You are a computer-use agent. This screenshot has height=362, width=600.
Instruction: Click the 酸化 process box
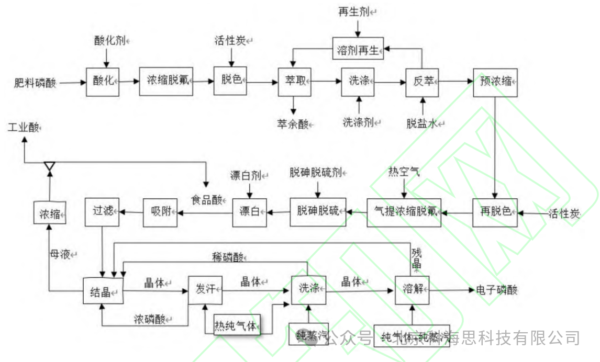(x=103, y=82)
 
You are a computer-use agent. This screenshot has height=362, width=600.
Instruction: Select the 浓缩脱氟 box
(x=166, y=82)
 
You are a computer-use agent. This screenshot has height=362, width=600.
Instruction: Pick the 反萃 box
(x=422, y=82)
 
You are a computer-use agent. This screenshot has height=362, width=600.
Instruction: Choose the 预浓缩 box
(x=495, y=82)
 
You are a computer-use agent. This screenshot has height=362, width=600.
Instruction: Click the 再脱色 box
(x=495, y=212)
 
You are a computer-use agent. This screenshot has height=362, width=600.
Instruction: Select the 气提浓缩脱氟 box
(x=404, y=212)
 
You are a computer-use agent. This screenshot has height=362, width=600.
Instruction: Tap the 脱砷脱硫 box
(x=318, y=212)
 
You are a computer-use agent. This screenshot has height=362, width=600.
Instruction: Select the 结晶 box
(x=103, y=291)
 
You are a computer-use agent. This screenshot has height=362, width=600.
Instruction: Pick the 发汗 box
(x=205, y=289)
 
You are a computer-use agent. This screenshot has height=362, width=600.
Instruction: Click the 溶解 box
(x=412, y=289)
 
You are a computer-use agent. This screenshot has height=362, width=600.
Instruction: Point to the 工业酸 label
(x=24, y=128)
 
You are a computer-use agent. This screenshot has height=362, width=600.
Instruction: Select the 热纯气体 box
(x=237, y=326)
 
